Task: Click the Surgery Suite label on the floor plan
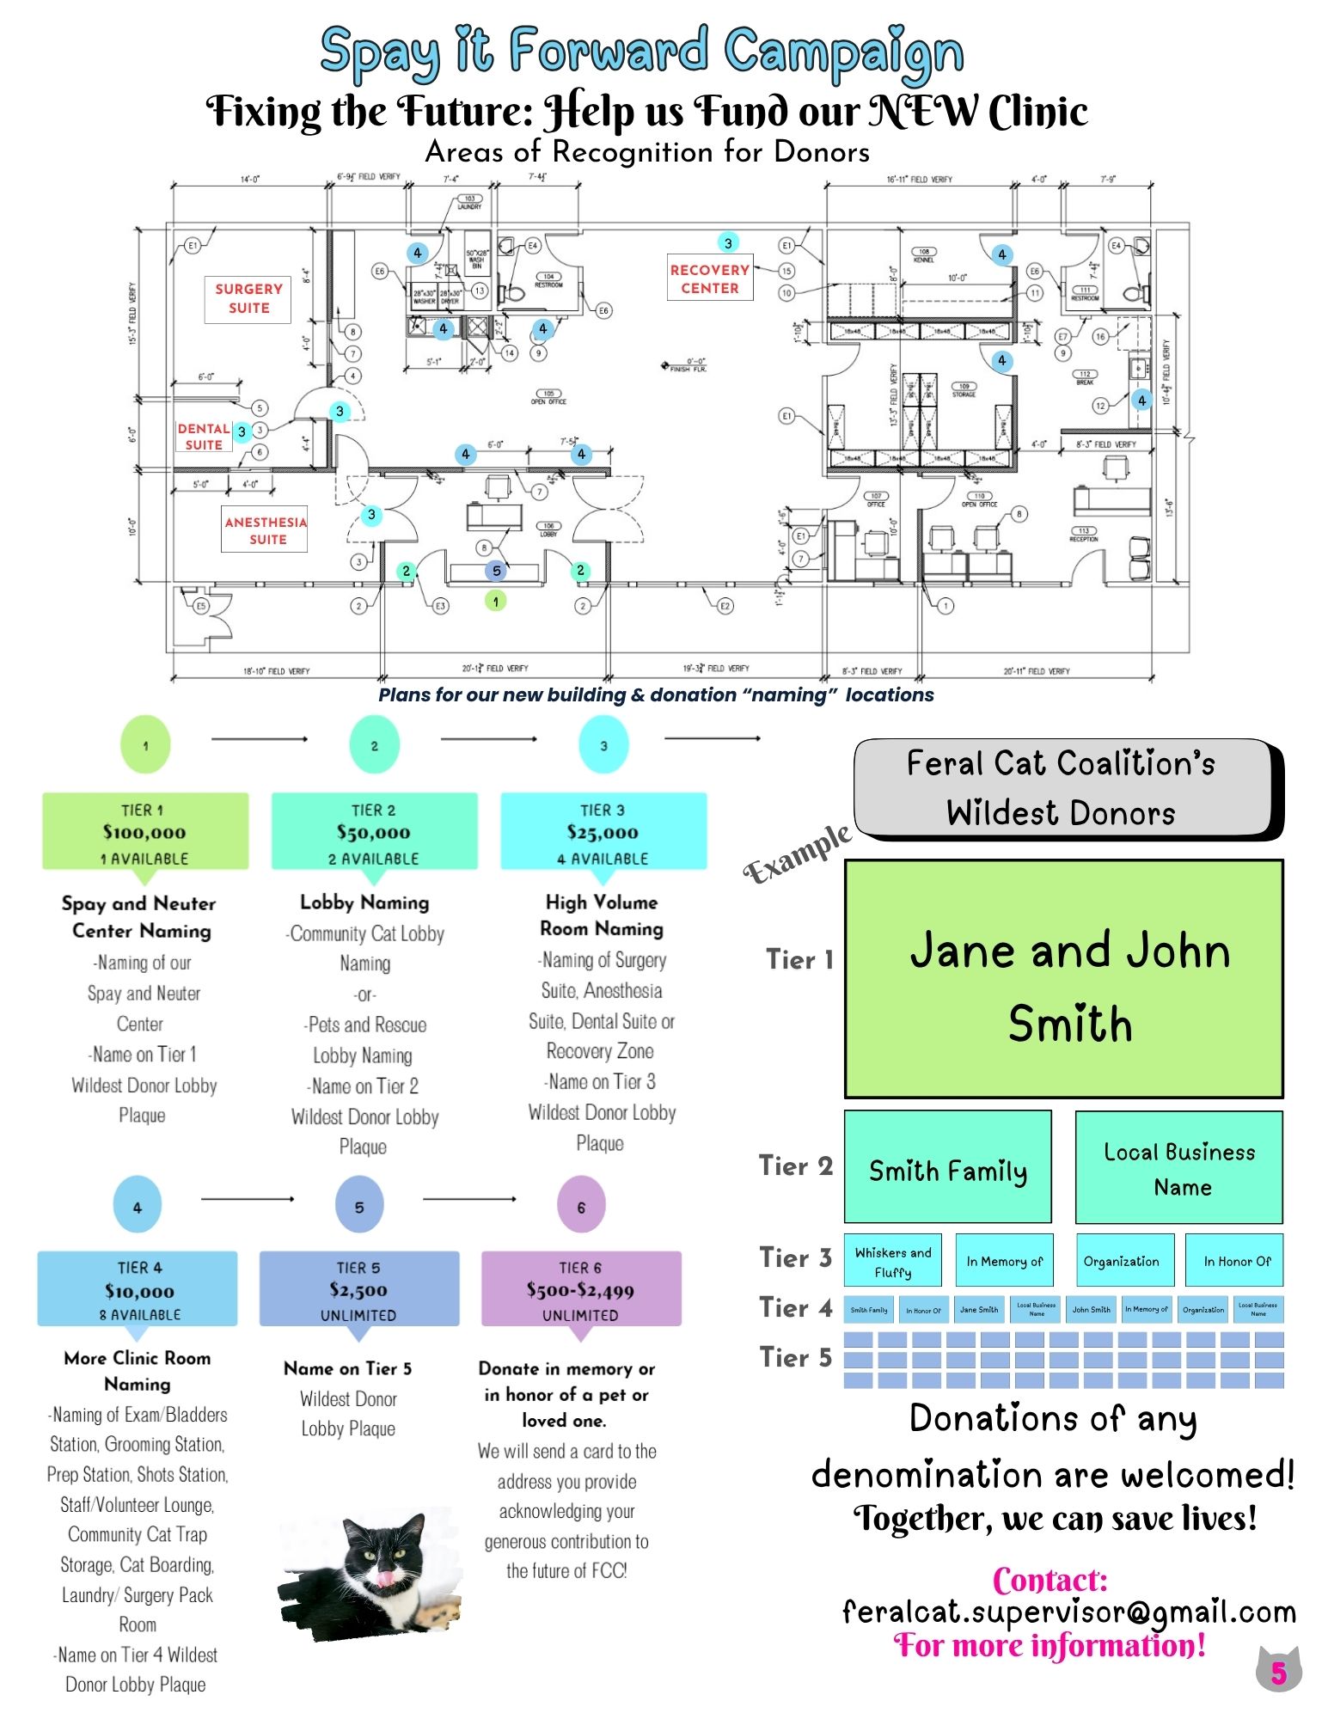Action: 248,298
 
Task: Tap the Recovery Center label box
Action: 710,278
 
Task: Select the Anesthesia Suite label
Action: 266,530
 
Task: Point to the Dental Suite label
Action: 204,437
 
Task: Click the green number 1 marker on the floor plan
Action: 495,601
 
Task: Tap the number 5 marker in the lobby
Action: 496,571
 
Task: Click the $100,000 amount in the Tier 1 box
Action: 144,832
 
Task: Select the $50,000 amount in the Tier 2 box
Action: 373,832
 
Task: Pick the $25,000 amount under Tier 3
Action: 603,832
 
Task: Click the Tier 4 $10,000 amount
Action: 139,1291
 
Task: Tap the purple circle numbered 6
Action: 581,1207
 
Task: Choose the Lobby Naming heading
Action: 364,902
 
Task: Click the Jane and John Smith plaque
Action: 1064,980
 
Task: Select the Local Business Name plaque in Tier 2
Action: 1178,1168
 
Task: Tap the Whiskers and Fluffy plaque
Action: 893,1261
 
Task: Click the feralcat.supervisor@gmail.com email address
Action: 1068,1612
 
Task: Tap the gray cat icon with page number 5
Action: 1278,1671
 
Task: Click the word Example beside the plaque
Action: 797,853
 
